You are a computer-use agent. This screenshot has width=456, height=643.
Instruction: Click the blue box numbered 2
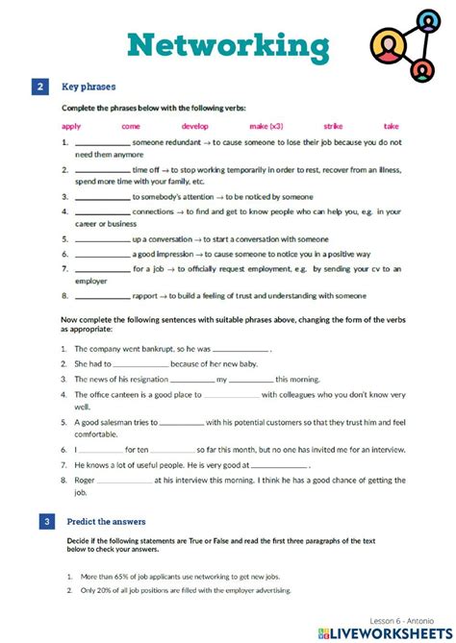[x=40, y=87]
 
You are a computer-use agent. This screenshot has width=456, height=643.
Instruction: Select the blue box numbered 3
[x=40, y=522]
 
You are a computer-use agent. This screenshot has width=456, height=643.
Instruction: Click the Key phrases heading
[x=90, y=87]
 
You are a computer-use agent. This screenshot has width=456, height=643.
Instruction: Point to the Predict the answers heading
[x=106, y=522]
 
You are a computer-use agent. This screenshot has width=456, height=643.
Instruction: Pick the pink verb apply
[x=71, y=126]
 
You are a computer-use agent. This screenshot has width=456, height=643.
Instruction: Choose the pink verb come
[x=130, y=126]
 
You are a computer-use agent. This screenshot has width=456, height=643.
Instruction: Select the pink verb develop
[x=195, y=126]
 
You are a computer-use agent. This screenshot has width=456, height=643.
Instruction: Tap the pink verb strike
[x=334, y=126]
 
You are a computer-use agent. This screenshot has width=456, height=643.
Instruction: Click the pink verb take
[x=392, y=126]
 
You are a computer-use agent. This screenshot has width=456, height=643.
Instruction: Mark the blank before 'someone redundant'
[x=101, y=142]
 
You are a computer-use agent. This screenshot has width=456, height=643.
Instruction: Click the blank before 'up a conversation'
[x=101, y=239]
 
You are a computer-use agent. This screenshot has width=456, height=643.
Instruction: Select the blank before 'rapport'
[x=101, y=296]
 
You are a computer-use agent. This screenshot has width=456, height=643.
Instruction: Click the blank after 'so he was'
[x=241, y=351]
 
